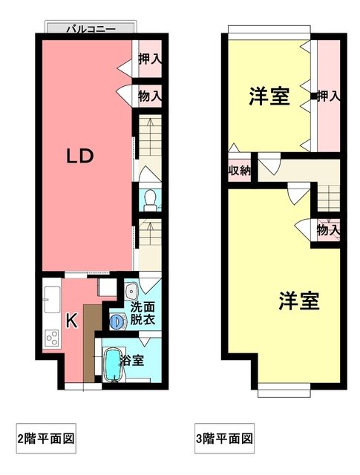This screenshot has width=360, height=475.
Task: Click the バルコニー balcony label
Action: click(90, 30)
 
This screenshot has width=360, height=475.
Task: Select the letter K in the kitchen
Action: click(72, 321)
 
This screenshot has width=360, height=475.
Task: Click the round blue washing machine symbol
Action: click(117, 321)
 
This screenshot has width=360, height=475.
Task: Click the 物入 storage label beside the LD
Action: click(150, 96)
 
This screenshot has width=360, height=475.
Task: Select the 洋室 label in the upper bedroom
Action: click(269, 96)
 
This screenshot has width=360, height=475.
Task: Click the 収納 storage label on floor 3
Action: click(239, 171)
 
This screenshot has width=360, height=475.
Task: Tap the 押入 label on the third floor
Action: click(328, 96)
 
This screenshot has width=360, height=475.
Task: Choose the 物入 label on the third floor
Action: click(327, 230)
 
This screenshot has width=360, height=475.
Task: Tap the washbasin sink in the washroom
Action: click(131, 291)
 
